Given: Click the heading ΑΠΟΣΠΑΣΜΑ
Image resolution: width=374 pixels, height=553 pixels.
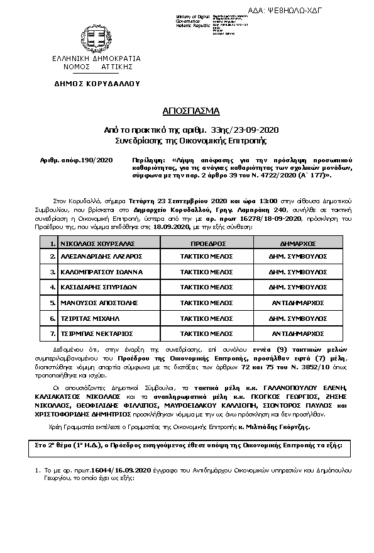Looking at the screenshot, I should pos(187,111).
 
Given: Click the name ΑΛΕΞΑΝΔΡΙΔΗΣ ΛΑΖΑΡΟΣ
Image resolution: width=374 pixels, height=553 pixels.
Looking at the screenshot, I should pos(94,257).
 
